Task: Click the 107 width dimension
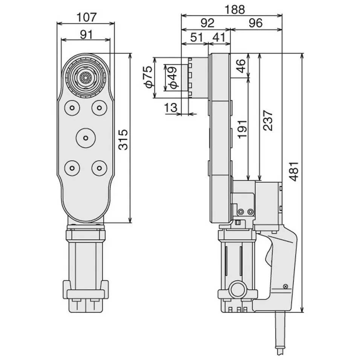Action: [87, 17]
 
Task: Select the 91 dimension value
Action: [86, 34]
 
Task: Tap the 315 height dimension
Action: [123, 139]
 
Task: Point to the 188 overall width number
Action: [234, 10]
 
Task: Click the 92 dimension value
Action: [207, 23]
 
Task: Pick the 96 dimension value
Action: [256, 23]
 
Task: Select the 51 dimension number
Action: [197, 37]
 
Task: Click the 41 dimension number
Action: [219, 37]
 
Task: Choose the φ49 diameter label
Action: [173, 78]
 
